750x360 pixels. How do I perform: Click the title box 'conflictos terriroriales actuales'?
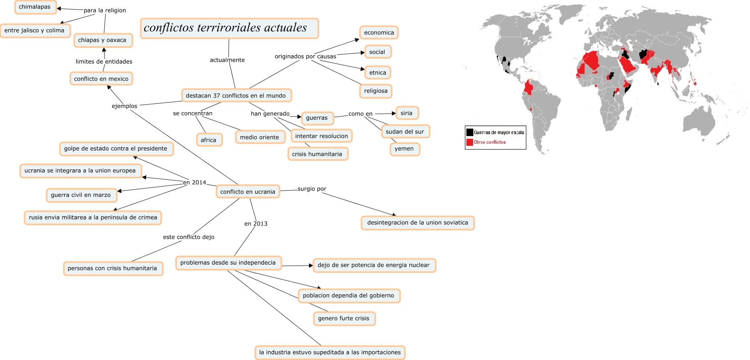pyautogui.click(x=229, y=28)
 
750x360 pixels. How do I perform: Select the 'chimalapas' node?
pyautogui.click(x=35, y=7)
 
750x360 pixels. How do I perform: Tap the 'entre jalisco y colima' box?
pyautogui.click(x=35, y=30)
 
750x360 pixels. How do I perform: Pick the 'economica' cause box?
pyautogui.click(x=379, y=32)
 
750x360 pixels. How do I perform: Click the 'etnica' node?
pyautogui.click(x=377, y=72)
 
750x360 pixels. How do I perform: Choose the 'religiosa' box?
pyautogui.click(x=375, y=91)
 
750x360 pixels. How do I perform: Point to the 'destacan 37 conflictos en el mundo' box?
pyautogui.click(x=236, y=96)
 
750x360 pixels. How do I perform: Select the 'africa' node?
pyautogui.click(x=209, y=140)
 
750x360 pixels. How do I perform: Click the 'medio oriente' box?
pyautogui.click(x=260, y=137)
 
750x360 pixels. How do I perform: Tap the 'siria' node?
pyautogui.click(x=407, y=113)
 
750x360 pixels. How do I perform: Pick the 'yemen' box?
pyautogui.click(x=404, y=149)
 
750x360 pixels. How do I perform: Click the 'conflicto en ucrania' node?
pyautogui.click(x=248, y=192)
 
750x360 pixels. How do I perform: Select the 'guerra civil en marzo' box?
pyautogui.click(x=81, y=195)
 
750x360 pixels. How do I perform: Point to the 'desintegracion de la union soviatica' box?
pyautogui.click(x=417, y=223)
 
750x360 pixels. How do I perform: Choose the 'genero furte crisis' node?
pyautogui.click(x=344, y=319)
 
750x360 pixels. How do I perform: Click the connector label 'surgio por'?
pyautogui.click(x=312, y=189)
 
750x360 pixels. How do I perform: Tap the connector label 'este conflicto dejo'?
pyautogui.click(x=189, y=237)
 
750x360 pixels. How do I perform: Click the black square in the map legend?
pyautogui.click(x=470, y=132)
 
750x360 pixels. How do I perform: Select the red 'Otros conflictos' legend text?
pyautogui.click(x=490, y=142)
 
